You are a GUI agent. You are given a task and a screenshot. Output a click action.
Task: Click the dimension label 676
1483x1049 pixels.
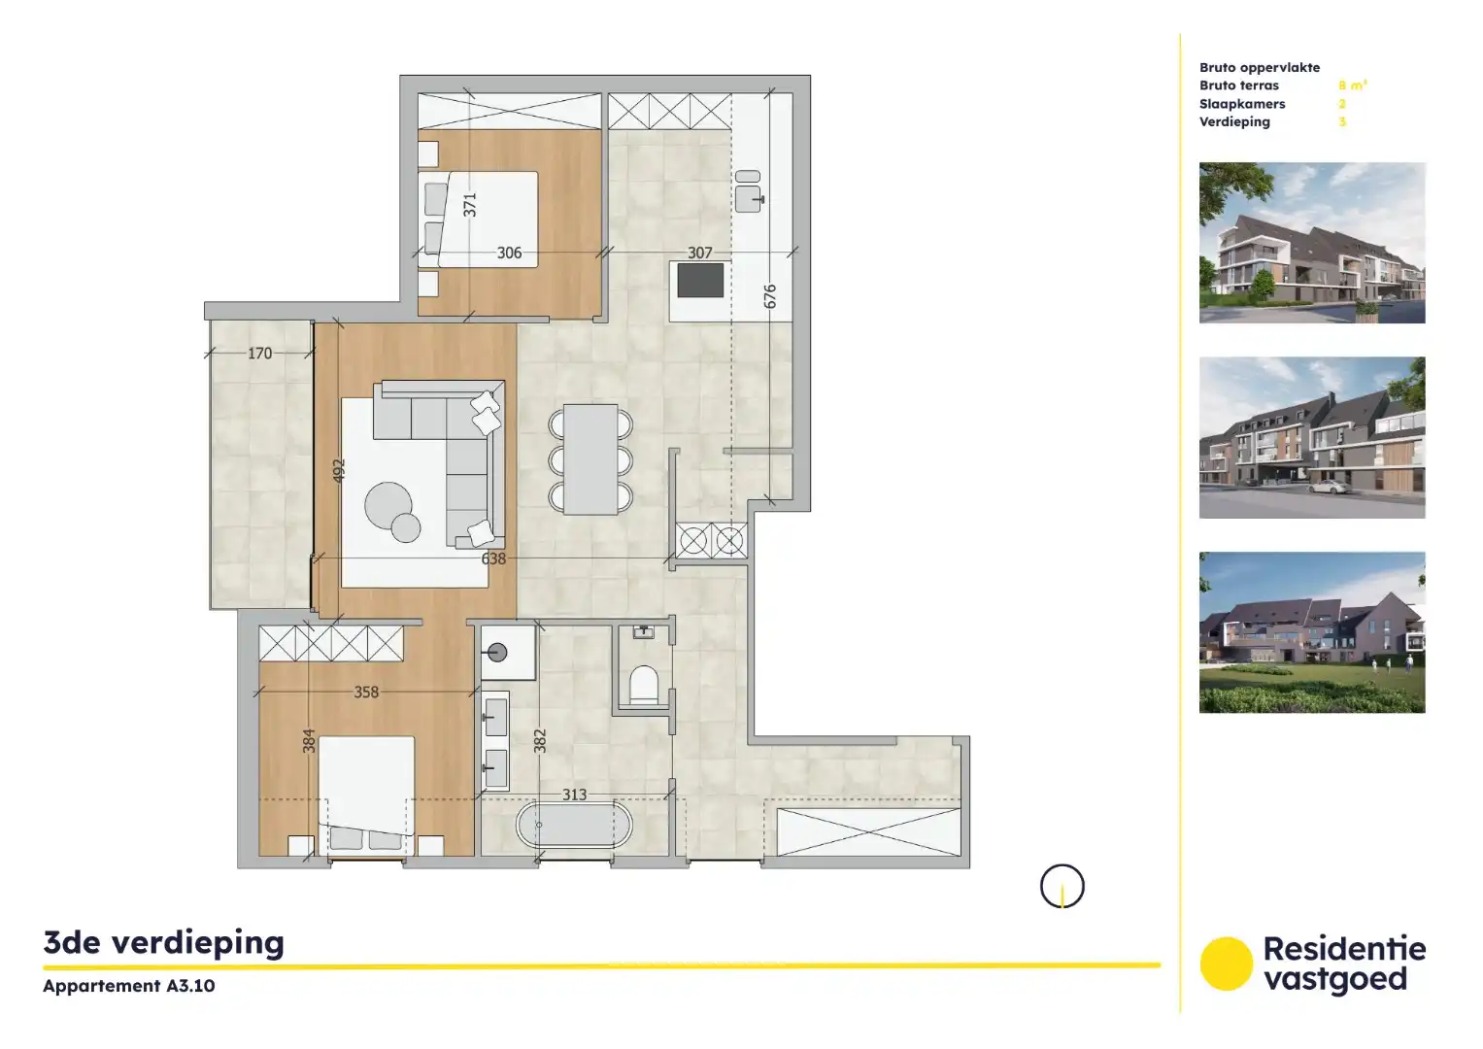[x=770, y=296]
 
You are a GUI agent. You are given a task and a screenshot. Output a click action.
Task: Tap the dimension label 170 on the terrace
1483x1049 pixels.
[x=259, y=354]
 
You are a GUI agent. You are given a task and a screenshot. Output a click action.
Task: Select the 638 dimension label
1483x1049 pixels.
[x=493, y=558]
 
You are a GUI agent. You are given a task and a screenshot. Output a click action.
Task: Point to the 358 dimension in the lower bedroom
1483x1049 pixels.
[x=366, y=693]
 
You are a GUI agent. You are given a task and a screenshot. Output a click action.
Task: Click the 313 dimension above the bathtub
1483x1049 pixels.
[x=574, y=795]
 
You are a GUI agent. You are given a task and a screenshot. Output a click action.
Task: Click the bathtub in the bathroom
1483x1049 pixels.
[x=574, y=828]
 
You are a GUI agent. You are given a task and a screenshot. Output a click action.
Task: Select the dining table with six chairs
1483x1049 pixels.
[x=590, y=459]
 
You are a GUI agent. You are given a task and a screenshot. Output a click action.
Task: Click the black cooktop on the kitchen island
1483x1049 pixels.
[x=700, y=282]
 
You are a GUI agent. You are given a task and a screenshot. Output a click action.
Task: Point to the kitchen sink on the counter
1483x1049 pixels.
[x=749, y=192]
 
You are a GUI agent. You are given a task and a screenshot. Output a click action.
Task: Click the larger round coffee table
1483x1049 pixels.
[x=388, y=503]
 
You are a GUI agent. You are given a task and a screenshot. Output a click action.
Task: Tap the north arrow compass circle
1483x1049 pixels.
[x=1062, y=886]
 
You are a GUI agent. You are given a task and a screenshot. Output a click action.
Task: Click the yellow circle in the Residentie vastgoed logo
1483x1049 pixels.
[x=1226, y=964]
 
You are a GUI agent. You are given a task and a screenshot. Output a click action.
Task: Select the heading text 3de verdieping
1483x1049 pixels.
[x=164, y=942]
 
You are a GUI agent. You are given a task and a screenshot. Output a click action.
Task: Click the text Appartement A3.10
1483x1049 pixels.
[x=129, y=986]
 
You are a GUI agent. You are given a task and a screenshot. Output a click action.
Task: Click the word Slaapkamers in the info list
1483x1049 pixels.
[x=1241, y=104]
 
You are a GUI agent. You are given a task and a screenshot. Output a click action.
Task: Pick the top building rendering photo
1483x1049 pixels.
[x=1311, y=243]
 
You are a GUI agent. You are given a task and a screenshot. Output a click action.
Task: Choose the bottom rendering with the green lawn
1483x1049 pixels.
[x=1311, y=632]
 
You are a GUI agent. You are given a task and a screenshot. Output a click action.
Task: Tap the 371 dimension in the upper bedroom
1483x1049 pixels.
[x=470, y=205]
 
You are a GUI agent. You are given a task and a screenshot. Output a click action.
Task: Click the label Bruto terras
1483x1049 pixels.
[x=1238, y=85]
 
